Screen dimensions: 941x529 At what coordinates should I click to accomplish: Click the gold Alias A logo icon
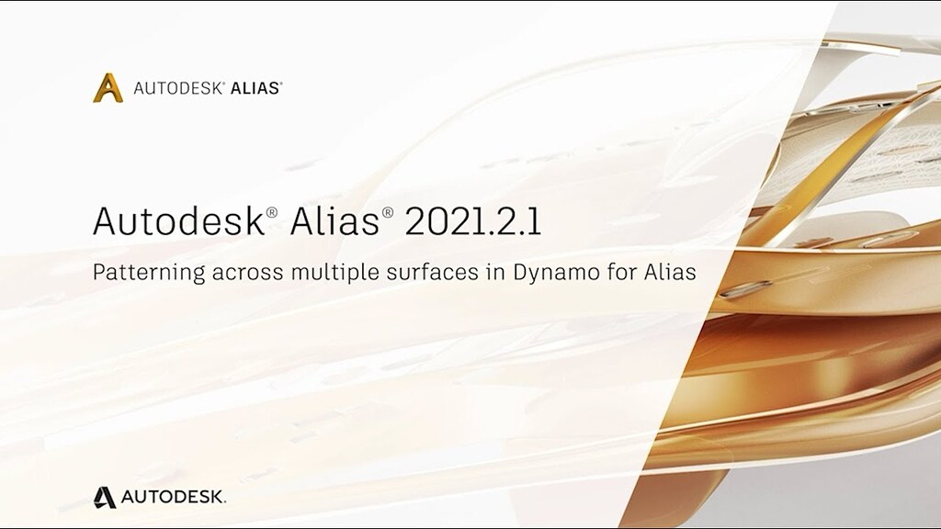coord(108,88)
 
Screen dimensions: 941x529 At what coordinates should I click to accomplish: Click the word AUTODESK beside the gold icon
coord(177,89)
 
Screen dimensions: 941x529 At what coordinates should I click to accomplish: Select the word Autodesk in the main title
coord(179,220)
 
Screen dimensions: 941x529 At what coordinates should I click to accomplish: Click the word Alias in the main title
coord(334,220)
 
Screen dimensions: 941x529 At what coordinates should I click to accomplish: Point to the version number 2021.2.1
coord(473,221)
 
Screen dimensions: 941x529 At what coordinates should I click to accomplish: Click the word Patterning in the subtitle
coord(149,273)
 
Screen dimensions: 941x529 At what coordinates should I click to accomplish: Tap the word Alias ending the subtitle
coord(670,272)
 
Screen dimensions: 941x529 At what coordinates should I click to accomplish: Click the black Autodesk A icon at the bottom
coord(105,497)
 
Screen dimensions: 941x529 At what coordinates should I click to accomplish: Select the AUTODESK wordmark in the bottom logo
coord(174,497)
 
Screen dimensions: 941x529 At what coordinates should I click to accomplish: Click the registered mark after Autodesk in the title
coord(272,212)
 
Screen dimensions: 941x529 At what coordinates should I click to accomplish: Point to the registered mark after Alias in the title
coord(388,212)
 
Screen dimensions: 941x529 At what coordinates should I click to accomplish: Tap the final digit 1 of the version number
coord(535,221)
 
